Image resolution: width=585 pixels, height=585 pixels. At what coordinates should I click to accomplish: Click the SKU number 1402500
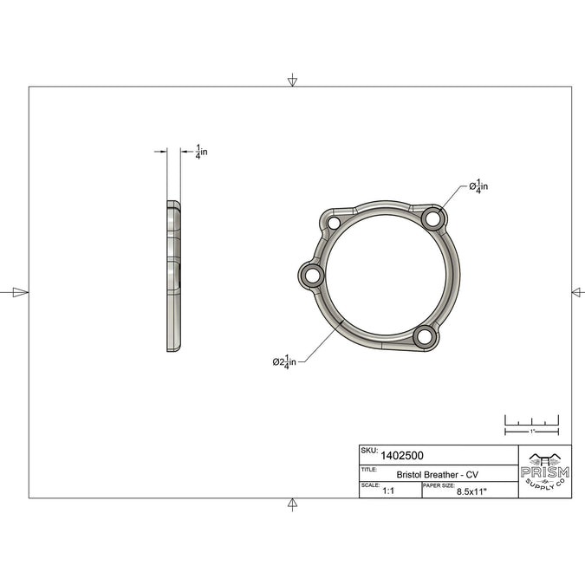click(x=402, y=456)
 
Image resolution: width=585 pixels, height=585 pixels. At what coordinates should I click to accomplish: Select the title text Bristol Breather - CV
click(x=438, y=475)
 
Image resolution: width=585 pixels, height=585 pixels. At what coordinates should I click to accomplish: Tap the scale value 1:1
click(x=388, y=491)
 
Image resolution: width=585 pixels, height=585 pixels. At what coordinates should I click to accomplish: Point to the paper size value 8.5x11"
click(x=472, y=491)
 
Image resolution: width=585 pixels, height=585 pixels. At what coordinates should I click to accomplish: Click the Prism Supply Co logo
click(x=545, y=471)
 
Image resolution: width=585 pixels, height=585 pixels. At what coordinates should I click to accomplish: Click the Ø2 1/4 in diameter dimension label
click(x=284, y=361)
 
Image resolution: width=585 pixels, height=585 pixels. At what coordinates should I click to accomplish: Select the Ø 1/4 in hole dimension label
click(x=478, y=186)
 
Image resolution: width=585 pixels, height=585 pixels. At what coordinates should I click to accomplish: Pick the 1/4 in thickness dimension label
click(x=201, y=152)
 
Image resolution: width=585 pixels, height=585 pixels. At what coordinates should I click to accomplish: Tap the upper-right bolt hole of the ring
click(x=432, y=218)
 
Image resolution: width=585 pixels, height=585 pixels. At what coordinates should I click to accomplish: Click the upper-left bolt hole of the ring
click(x=334, y=223)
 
